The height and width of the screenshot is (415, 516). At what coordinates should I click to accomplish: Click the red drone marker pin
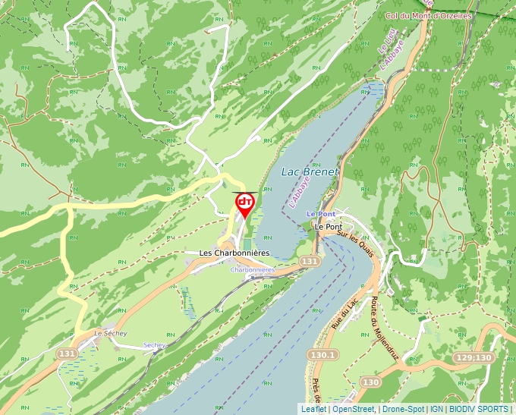click(x=244, y=203)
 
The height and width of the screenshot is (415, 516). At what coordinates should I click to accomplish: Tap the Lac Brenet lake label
click(x=310, y=172)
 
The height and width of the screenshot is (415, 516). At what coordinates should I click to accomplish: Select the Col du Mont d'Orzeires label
click(x=429, y=15)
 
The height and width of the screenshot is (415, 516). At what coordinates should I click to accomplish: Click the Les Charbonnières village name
click(x=234, y=253)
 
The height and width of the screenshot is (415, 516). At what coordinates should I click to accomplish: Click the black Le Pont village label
click(x=329, y=227)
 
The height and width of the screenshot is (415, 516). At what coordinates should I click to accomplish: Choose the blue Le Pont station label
click(x=321, y=215)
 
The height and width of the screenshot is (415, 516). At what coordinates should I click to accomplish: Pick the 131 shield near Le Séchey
click(x=68, y=354)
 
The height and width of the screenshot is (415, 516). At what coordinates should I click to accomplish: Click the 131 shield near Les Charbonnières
click(x=309, y=261)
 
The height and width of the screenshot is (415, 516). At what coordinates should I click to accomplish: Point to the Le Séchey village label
click(x=110, y=333)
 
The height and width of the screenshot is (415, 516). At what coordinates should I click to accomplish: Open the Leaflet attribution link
click(x=313, y=410)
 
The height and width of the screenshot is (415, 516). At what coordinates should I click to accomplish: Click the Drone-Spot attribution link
click(x=403, y=410)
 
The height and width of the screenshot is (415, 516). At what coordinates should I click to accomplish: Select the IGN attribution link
click(x=437, y=410)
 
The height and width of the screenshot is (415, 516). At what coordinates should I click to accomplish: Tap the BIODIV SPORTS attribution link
click(x=480, y=410)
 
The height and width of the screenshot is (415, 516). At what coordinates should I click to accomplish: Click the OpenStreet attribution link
click(x=354, y=410)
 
